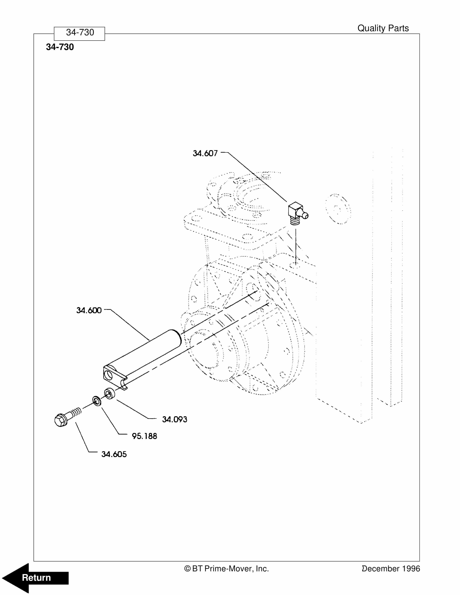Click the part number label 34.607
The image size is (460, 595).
click(205, 153)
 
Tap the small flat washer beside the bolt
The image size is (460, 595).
click(96, 401)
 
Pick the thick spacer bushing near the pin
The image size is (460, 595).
click(109, 394)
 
